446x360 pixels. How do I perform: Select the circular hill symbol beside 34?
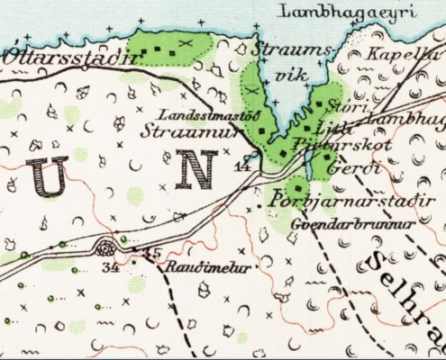point(110,247)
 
